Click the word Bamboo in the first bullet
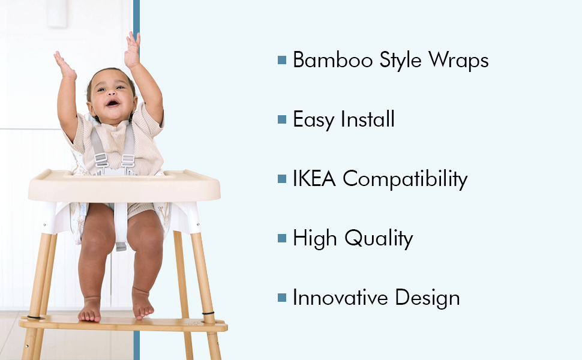coord(332,59)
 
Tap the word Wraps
coord(459,61)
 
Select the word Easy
coord(313,120)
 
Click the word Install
coord(367,119)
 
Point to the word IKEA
coord(314,179)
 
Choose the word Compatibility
coord(405,179)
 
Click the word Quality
coord(378,239)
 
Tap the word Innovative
coord(340,297)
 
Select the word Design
coord(427,298)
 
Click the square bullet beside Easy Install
coord(282,119)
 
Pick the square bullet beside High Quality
coord(282,238)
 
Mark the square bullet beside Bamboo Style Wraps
coord(282,60)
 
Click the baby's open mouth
coord(112,103)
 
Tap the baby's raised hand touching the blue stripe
coord(133,50)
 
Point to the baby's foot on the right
coord(142,304)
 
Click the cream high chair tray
coord(124,185)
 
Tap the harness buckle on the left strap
coord(101,160)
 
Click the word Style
coord(400,61)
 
